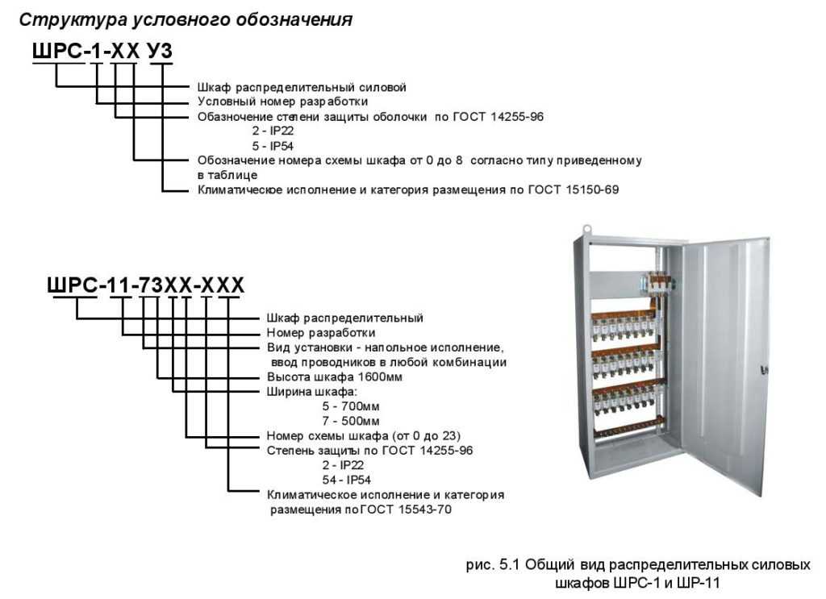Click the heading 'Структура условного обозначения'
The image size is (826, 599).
coord(186,19)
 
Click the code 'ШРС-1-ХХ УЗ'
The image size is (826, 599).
coord(102,51)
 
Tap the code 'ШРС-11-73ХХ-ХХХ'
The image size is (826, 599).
coord(146,285)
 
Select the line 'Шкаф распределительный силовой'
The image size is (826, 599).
coord(302,87)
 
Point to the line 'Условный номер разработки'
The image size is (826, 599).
coord(283,102)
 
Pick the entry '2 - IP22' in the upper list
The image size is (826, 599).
coord(273,131)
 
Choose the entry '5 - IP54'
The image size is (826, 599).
coord(273,146)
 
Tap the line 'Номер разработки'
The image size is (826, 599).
coord(321,333)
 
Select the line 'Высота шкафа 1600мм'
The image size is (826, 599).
coord(335,376)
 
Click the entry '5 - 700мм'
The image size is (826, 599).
coord(351,406)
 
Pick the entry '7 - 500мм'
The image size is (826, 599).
coord(351,421)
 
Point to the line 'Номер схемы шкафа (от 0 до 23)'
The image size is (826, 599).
coord(364,436)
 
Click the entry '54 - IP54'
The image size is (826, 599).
coord(347,480)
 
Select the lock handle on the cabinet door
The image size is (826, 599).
coord(765,369)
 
